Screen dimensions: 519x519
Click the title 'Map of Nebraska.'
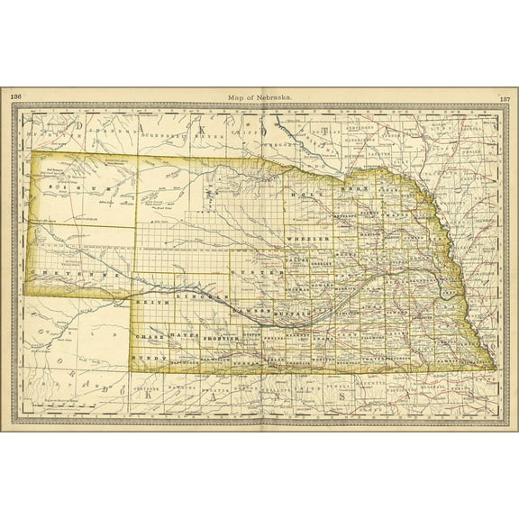pos(259,96)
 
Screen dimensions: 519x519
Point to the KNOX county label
pos(354,187)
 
